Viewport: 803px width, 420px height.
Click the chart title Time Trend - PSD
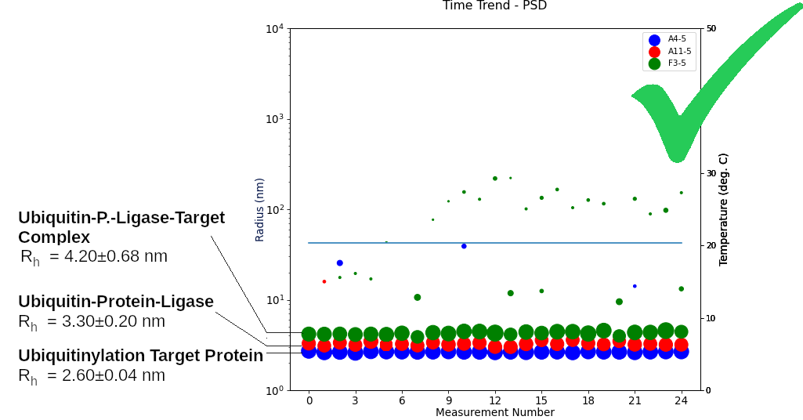point(494,6)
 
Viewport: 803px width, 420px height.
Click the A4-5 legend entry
point(676,39)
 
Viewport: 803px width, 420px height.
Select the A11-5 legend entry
point(679,51)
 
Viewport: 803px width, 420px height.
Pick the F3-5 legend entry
point(676,63)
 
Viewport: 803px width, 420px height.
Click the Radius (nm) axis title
point(260,209)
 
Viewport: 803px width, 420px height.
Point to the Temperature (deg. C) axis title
point(723,209)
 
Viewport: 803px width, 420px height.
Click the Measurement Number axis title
point(494,412)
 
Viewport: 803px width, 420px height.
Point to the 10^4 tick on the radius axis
point(274,29)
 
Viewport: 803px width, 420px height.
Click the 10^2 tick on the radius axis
point(274,210)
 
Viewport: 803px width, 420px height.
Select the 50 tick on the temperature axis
point(711,29)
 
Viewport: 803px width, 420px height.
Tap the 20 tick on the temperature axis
point(711,246)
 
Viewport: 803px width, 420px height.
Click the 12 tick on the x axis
point(494,400)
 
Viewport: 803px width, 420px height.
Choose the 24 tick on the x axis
point(681,400)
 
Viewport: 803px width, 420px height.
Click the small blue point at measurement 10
point(464,246)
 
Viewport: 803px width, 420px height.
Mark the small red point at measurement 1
point(324,281)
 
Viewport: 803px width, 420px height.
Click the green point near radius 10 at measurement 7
point(418,298)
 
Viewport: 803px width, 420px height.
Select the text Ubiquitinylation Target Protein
point(140,356)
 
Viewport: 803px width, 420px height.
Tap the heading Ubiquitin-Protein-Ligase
point(116,302)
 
